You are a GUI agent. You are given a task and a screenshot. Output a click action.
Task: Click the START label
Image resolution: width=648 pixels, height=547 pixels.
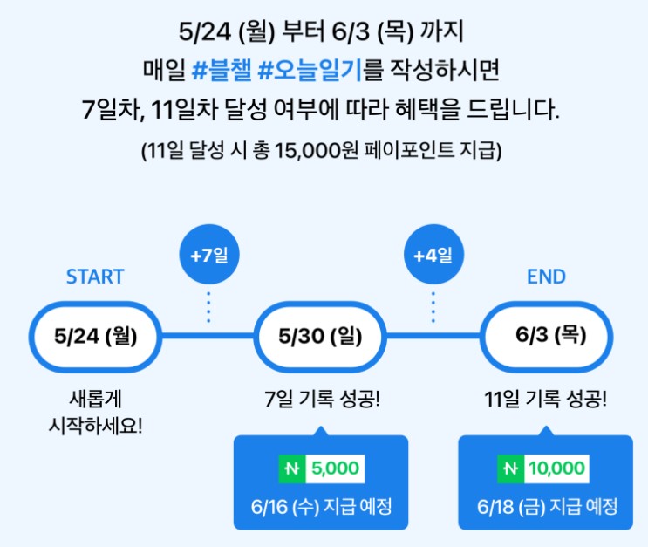click(95, 277)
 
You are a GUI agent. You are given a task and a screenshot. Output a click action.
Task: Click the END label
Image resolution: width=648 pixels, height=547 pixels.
click(546, 277)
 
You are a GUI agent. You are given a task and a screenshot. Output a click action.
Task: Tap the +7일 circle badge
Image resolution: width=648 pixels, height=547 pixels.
click(208, 256)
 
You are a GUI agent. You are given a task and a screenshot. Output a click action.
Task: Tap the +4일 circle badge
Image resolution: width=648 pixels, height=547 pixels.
click(433, 256)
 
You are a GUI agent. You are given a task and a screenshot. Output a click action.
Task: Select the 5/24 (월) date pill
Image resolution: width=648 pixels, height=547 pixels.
click(95, 334)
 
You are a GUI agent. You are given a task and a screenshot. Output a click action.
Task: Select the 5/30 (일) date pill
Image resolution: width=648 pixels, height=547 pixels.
click(321, 334)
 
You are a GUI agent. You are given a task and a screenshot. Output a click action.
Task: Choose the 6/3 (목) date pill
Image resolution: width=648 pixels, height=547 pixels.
click(547, 334)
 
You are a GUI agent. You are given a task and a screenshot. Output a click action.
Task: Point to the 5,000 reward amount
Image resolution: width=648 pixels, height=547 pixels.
click(334, 468)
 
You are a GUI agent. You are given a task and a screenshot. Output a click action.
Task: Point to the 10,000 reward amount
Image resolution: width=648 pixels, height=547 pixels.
click(556, 468)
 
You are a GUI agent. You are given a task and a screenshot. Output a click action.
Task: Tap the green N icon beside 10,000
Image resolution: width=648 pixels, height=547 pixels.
click(509, 469)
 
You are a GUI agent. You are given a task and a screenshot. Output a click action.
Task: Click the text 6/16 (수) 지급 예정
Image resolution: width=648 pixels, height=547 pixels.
click(321, 506)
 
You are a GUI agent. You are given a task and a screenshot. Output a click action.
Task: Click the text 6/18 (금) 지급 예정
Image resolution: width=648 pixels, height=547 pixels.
click(547, 506)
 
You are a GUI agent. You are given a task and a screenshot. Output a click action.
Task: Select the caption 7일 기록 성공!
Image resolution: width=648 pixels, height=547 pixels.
click(321, 401)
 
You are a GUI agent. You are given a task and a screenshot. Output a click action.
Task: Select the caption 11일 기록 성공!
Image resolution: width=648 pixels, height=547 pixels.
click(547, 401)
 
